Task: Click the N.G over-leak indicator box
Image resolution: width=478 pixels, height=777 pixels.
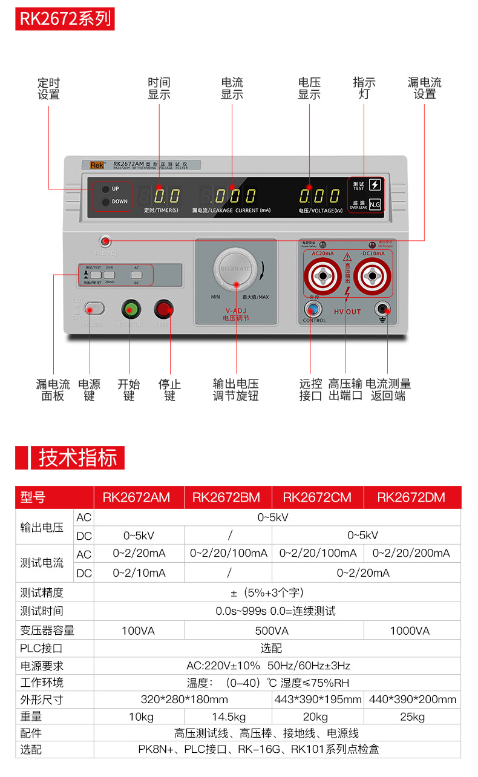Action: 375,204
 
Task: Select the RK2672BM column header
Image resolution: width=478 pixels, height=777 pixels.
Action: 226,497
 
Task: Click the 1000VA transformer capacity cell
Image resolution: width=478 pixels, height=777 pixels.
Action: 410,631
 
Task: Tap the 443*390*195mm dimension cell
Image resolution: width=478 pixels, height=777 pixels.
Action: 317,700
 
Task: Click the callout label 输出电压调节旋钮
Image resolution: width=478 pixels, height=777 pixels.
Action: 235,390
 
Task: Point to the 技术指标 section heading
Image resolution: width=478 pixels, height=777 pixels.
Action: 77,457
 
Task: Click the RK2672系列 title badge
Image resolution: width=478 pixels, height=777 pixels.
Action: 65,19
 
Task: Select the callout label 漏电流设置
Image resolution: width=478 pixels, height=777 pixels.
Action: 424,88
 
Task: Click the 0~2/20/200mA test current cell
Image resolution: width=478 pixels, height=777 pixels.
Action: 411,553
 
